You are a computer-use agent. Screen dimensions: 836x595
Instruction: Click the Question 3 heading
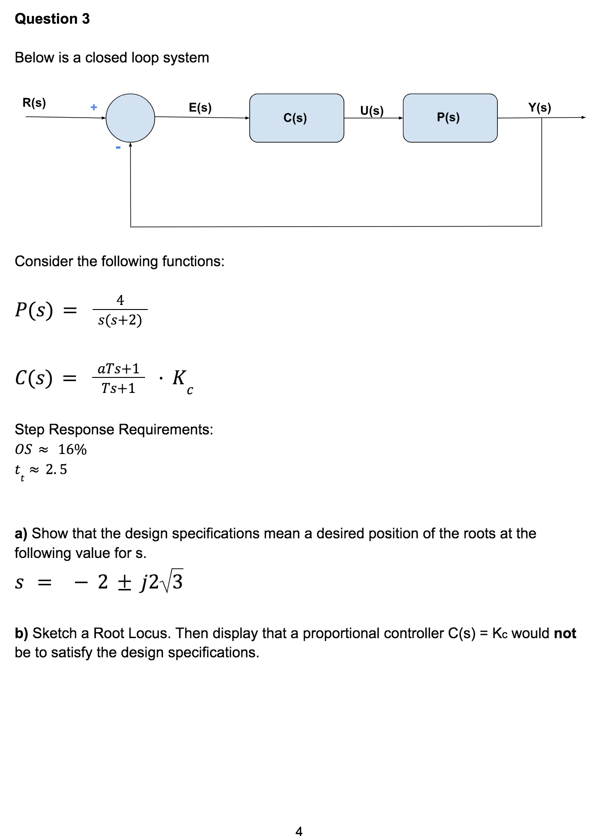click(52, 19)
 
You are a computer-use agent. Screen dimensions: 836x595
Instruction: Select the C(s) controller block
click(296, 118)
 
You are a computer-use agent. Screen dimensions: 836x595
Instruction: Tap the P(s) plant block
click(450, 118)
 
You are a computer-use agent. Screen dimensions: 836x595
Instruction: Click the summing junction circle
click(130, 118)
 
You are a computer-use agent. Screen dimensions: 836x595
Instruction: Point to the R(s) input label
click(34, 103)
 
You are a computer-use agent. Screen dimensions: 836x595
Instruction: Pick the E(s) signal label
click(200, 108)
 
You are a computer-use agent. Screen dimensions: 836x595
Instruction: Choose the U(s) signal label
click(372, 111)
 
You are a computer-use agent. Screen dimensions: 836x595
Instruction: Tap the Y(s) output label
click(540, 108)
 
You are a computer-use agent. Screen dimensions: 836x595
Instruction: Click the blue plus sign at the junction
click(94, 107)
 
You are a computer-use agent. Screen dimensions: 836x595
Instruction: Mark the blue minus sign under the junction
click(118, 147)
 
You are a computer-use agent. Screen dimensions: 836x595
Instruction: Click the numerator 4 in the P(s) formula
click(120, 300)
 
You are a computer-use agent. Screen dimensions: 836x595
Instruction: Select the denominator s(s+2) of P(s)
click(120, 320)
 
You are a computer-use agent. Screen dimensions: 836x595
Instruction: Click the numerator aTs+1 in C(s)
click(119, 368)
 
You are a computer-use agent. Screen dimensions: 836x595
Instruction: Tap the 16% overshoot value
click(72, 449)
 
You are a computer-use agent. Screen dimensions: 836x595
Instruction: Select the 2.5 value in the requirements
click(56, 469)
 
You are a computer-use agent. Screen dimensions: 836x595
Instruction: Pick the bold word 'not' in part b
click(565, 633)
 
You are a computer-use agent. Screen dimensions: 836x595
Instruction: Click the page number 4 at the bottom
click(299, 831)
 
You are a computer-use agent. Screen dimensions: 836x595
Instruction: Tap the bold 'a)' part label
click(21, 533)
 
